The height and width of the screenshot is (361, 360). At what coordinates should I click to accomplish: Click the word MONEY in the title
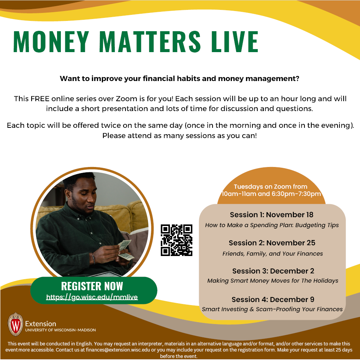pyautogui.click(x=51, y=42)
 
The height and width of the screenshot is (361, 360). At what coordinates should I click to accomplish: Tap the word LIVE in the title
pyautogui.click(x=235, y=42)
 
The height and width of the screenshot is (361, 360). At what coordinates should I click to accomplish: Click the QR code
pyautogui.click(x=176, y=240)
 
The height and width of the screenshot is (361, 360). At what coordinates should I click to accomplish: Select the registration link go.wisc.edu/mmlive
pyautogui.click(x=92, y=297)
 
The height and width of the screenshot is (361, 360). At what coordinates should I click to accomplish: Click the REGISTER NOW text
pyautogui.click(x=92, y=286)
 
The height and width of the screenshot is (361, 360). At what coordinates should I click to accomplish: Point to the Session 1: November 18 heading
pyautogui.click(x=272, y=215)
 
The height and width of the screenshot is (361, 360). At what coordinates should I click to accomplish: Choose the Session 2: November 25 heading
pyautogui.click(x=272, y=243)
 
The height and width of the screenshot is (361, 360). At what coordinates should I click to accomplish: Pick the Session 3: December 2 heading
pyautogui.click(x=273, y=271)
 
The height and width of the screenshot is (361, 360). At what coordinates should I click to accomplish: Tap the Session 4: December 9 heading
pyautogui.click(x=273, y=299)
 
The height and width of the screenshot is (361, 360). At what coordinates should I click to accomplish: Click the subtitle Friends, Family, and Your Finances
pyautogui.click(x=273, y=253)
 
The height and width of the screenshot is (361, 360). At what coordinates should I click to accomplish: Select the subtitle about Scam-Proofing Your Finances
pyautogui.click(x=272, y=309)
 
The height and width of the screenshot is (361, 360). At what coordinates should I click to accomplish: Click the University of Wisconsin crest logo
pyautogui.click(x=16, y=324)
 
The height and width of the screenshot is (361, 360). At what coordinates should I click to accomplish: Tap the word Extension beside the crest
pyautogui.click(x=40, y=324)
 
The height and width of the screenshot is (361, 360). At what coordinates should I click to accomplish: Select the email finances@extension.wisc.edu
pyautogui.click(x=118, y=350)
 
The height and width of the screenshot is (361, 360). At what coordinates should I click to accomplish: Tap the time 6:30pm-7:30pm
pyautogui.click(x=296, y=194)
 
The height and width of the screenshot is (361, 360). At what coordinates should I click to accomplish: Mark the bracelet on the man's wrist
pyautogui.click(x=94, y=258)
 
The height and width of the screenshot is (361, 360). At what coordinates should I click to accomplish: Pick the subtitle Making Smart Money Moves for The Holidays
pyautogui.click(x=273, y=281)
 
